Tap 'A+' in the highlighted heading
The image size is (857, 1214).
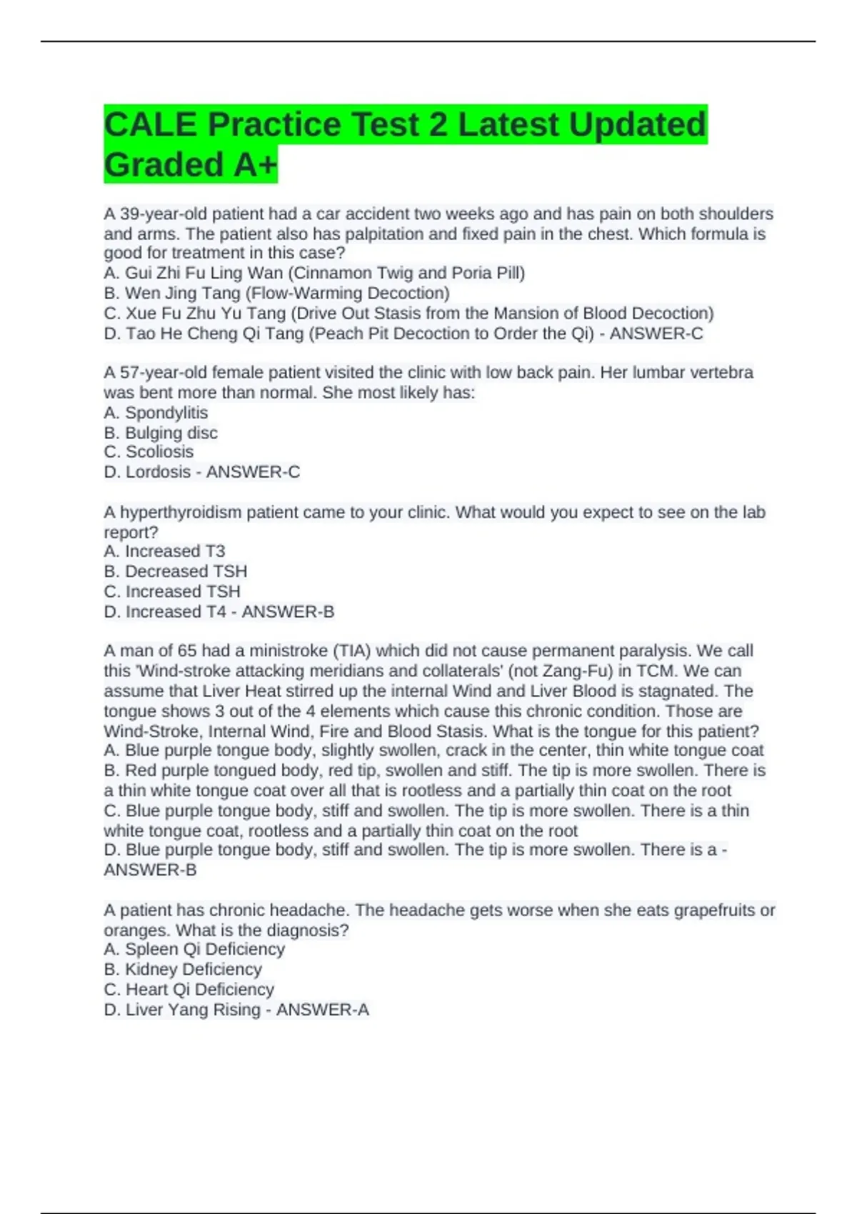click(255, 165)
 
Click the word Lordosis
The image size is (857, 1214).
click(158, 472)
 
